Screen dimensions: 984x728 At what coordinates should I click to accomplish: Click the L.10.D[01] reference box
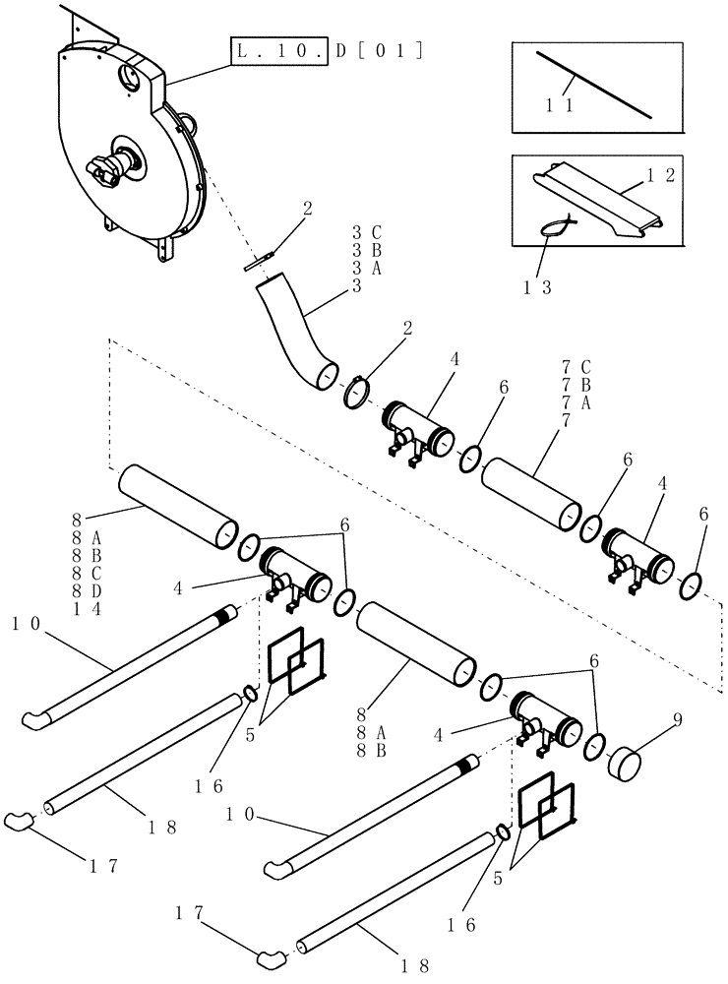pos(327,49)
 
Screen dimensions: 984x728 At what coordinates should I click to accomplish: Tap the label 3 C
pos(366,233)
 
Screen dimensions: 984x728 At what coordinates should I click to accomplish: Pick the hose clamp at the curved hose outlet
pos(356,390)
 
